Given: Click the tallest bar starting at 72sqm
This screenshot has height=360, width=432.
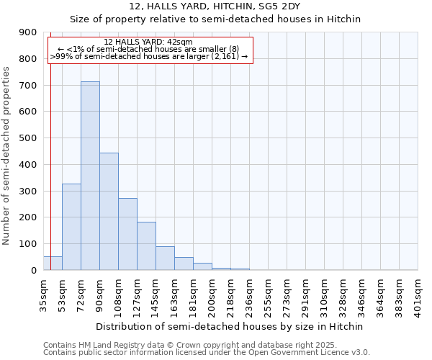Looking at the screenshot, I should (x=90, y=176).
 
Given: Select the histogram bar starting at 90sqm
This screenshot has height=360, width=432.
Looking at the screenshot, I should (x=109, y=212).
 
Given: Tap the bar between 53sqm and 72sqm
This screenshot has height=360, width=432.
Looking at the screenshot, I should (x=71, y=227).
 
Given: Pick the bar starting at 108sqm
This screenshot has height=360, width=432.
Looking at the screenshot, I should (x=127, y=234).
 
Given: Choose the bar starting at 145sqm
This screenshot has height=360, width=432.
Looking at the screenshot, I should (x=165, y=258).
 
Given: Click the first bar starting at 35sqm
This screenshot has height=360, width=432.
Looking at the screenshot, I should (x=53, y=264).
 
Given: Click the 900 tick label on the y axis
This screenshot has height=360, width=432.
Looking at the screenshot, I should (x=28, y=32).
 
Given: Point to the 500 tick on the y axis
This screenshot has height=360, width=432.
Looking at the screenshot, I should (x=28, y=138).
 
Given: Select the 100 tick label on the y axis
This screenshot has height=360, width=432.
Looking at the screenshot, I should (x=28, y=244).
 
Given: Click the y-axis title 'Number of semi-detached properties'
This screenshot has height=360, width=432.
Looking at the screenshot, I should (x=7, y=156).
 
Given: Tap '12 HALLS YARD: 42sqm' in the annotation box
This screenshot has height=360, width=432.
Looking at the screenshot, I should (x=148, y=42).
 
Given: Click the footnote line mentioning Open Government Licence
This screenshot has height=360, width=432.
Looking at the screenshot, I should (x=207, y=353).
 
